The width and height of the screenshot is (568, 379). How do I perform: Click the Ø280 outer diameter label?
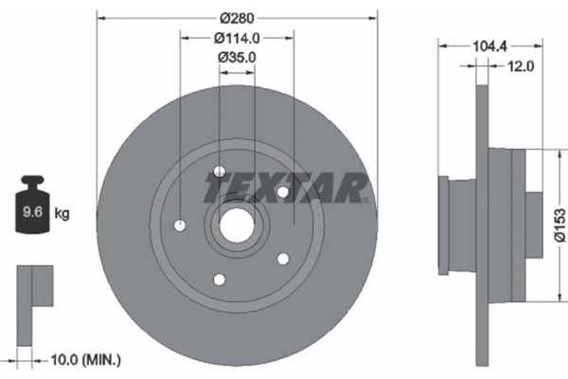pyautogui.click(x=238, y=16)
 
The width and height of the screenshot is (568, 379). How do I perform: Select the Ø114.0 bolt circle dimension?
pyautogui.click(x=238, y=38)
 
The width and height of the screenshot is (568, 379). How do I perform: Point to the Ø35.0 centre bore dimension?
pyautogui.click(x=238, y=58)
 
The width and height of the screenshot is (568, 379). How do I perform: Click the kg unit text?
pyautogui.click(x=62, y=215)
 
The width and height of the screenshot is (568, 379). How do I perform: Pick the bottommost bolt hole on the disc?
pyautogui.click(x=221, y=279)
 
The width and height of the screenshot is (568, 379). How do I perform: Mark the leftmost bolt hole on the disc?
pyautogui.click(x=181, y=226)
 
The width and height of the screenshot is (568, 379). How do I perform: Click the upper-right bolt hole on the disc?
pyautogui.click(x=282, y=192)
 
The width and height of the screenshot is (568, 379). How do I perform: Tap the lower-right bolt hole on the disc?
pyautogui.click(x=282, y=258)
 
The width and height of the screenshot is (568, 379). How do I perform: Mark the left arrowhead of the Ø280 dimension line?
pyautogui.click(x=100, y=16)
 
